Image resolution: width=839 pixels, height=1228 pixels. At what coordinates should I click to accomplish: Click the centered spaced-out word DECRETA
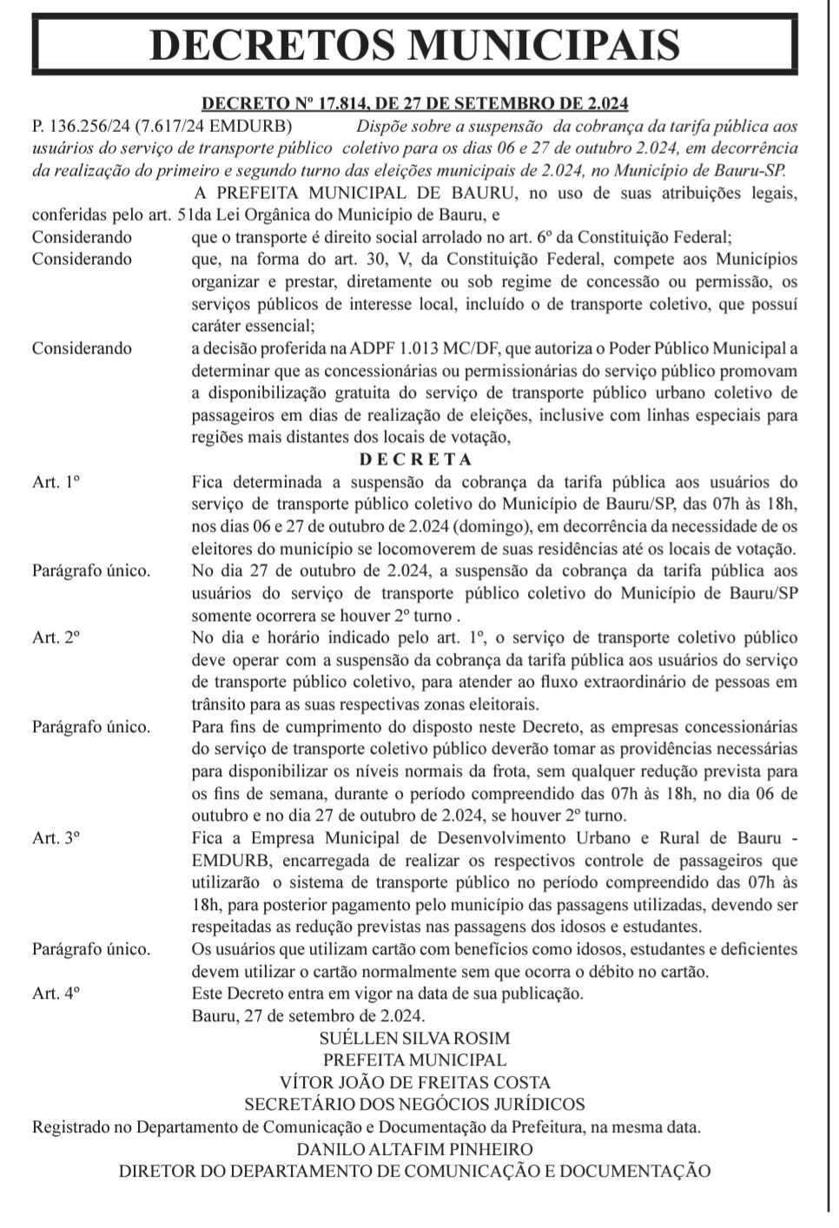pyautogui.click(x=415, y=459)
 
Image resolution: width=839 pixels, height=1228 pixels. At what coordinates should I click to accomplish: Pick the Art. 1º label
pyautogui.click(x=56, y=482)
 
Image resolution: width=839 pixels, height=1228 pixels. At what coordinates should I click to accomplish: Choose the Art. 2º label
pyautogui.click(x=56, y=637)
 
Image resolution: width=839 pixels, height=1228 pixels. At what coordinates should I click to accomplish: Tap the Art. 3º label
pyautogui.click(x=56, y=838)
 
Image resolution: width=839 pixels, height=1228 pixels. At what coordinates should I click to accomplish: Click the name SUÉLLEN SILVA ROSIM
pyautogui.click(x=415, y=1039)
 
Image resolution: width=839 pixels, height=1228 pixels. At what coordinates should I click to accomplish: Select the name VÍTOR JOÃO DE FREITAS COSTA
pyautogui.click(x=415, y=1083)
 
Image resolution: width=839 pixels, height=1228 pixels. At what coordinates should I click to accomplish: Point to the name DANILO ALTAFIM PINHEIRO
pyautogui.click(x=415, y=1149)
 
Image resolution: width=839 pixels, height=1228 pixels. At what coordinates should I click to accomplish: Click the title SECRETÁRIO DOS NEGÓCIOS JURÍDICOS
pyautogui.click(x=415, y=1105)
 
